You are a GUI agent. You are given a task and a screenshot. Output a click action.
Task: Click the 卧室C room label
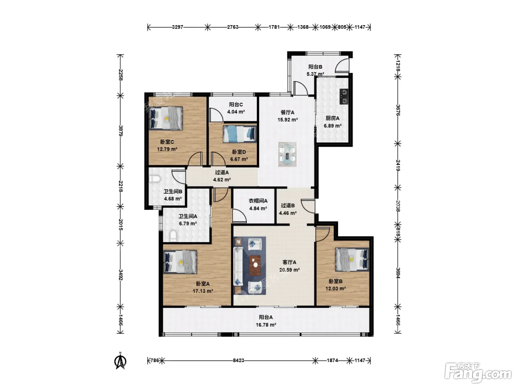[167, 142]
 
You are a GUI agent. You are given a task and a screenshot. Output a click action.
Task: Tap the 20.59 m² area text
[289, 270]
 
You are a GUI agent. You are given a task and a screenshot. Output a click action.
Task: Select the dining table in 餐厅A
[287, 154]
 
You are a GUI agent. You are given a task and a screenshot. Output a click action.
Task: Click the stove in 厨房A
[344, 96]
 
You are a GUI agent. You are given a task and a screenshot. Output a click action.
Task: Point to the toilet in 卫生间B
[155, 179]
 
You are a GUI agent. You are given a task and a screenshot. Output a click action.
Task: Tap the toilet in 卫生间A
[173, 236]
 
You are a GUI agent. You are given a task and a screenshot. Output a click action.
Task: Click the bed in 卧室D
[240, 134]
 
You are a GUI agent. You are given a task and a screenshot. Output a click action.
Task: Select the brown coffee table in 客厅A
[255, 265]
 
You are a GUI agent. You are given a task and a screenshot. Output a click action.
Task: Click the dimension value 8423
[238, 360]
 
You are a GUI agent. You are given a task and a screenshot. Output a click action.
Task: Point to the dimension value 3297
[178, 27]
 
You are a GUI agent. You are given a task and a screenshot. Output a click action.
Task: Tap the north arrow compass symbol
[120, 361]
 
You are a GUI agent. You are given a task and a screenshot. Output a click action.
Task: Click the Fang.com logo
[478, 373]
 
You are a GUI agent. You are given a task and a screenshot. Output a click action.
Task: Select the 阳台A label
[266, 317]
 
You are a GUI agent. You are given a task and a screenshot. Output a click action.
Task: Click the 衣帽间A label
[258, 201]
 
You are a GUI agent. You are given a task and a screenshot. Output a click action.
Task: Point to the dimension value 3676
[398, 110]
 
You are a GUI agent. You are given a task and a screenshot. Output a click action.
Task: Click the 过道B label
[287, 206]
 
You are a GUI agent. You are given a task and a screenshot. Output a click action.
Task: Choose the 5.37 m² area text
[315, 74]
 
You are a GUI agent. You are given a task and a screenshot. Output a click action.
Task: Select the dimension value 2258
[120, 75]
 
